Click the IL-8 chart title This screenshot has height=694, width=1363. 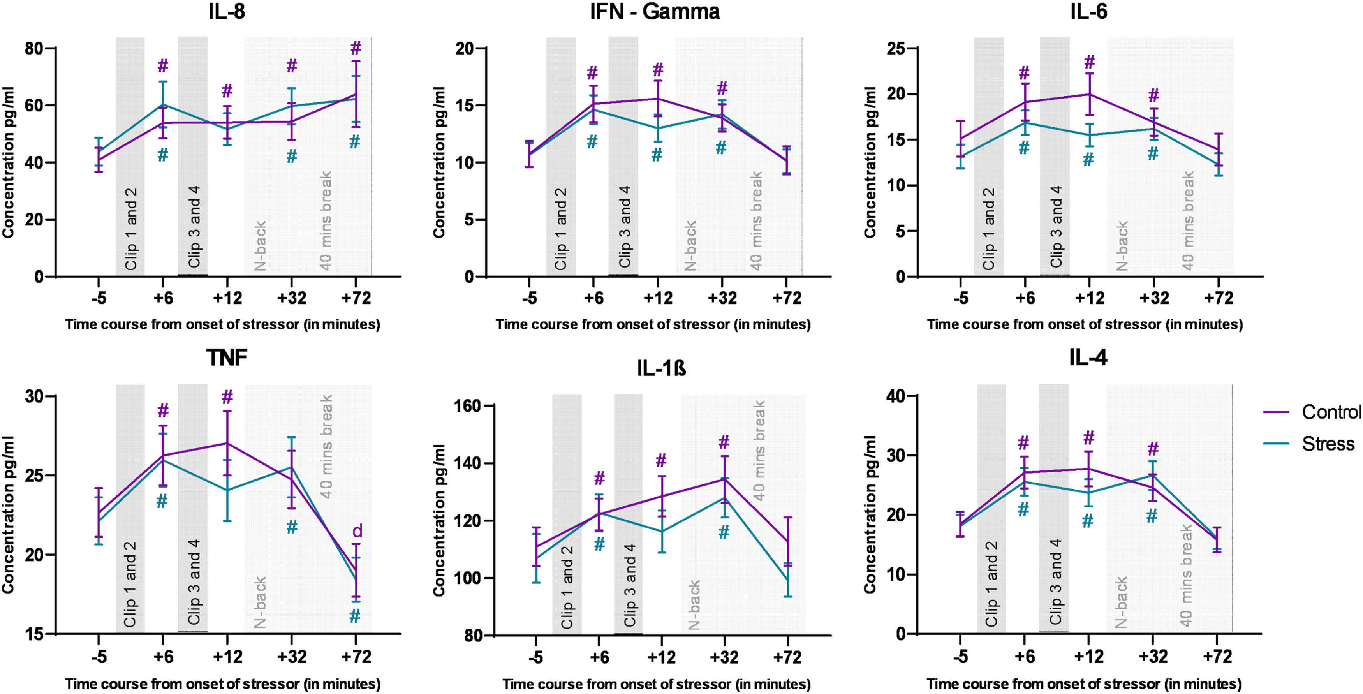(x=227, y=12)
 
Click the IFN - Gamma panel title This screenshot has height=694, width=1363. (x=655, y=12)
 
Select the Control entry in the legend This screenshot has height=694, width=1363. (x=1331, y=412)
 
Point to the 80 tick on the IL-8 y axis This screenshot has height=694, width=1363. (x=35, y=49)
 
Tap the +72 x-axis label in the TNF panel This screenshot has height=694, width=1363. (x=356, y=657)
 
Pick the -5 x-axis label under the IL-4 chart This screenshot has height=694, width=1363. (x=960, y=657)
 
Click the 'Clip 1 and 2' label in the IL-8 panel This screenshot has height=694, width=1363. (x=131, y=229)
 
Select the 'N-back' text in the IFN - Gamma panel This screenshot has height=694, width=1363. (x=690, y=246)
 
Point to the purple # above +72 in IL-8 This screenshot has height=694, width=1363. (x=356, y=49)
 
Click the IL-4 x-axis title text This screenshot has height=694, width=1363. (x=1084, y=684)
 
